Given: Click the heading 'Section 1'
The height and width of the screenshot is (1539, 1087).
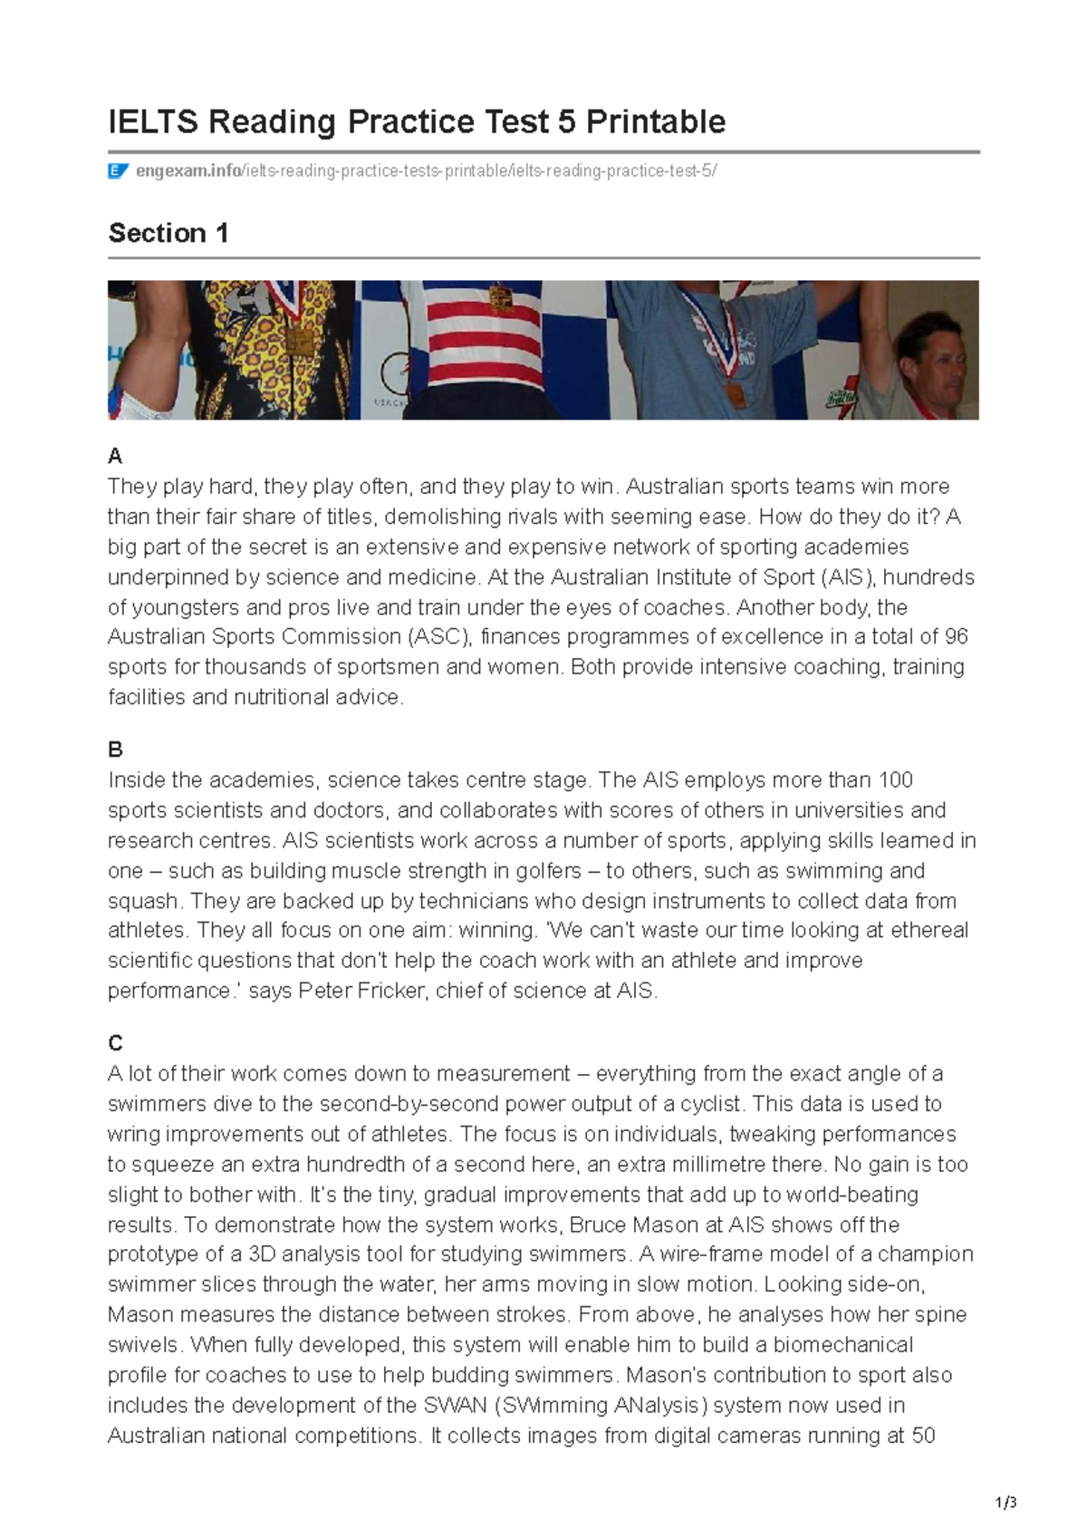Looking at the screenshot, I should (168, 234).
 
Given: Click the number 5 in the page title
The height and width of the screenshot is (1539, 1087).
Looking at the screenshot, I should (567, 121).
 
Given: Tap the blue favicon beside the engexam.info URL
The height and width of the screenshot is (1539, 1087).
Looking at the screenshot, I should (118, 171).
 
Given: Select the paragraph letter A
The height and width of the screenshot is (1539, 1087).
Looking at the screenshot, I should (115, 456).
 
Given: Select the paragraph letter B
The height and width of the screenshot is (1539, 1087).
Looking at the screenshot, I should (115, 750).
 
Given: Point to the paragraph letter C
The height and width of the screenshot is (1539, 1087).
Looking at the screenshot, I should (115, 1043).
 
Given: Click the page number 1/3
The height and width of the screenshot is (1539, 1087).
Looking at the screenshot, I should (1005, 1503).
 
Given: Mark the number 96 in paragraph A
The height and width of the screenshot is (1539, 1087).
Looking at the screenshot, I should (956, 637).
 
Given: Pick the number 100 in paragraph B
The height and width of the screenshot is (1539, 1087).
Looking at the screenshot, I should (896, 780).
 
